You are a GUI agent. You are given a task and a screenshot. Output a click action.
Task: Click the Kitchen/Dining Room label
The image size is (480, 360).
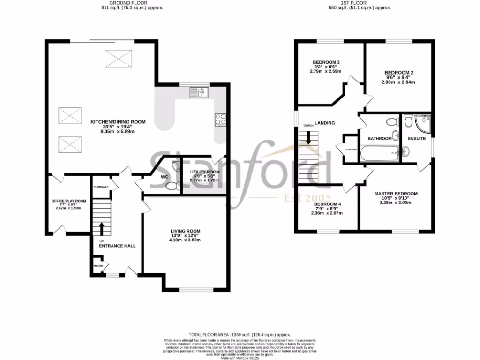(x=118, y=122)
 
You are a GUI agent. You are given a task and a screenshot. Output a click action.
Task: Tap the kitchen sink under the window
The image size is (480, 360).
(x=199, y=92)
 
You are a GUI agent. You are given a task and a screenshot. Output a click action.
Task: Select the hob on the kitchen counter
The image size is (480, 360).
(x=220, y=120)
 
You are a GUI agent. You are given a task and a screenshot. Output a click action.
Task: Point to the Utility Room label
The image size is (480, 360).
(x=204, y=172)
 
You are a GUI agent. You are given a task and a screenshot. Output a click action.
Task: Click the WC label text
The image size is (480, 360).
(x=165, y=177)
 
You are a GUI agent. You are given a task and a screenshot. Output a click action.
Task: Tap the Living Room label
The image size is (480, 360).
(x=185, y=231)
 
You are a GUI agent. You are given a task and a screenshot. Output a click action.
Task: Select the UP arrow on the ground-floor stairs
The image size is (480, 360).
(x=101, y=228)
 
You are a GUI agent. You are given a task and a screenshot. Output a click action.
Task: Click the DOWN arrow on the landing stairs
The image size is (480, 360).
(x=309, y=137)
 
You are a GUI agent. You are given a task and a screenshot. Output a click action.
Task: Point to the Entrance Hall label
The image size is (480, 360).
(x=117, y=245)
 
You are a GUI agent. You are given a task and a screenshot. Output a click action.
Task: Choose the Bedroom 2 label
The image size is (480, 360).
(x=398, y=73)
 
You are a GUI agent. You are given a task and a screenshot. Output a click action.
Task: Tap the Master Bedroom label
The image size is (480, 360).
(x=396, y=193)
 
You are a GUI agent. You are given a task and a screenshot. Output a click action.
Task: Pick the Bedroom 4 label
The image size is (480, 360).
(x=327, y=204)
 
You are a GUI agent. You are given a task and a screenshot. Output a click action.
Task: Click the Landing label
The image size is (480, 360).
(x=324, y=123)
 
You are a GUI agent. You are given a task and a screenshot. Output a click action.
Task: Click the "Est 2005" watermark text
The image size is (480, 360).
(x=308, y=198)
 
